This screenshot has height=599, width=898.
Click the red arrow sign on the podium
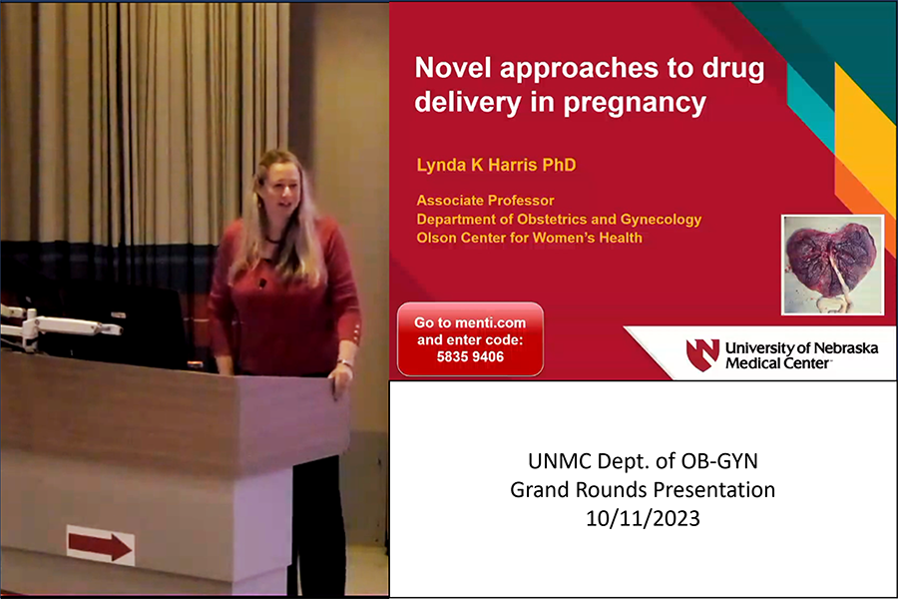click(100, 546)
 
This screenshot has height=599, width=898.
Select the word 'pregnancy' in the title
click(635, 103)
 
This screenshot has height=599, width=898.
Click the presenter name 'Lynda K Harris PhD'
click(496, 165)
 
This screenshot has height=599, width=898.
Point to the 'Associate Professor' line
click(485, 201)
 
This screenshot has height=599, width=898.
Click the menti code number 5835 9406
click(470, 356)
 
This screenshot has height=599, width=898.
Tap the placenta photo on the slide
click(833, 265)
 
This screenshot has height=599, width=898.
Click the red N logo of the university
click(702, 354)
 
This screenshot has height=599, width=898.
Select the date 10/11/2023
click(643, 518)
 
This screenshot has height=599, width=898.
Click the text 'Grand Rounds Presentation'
click(643, 489)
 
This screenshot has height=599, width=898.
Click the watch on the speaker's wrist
click(345, 362)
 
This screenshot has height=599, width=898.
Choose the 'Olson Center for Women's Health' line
click(529, 238)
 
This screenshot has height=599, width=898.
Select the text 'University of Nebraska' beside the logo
click(802, 348)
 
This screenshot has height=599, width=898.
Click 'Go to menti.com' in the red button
click(470, 322)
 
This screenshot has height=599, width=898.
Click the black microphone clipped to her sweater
click(262, 283)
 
